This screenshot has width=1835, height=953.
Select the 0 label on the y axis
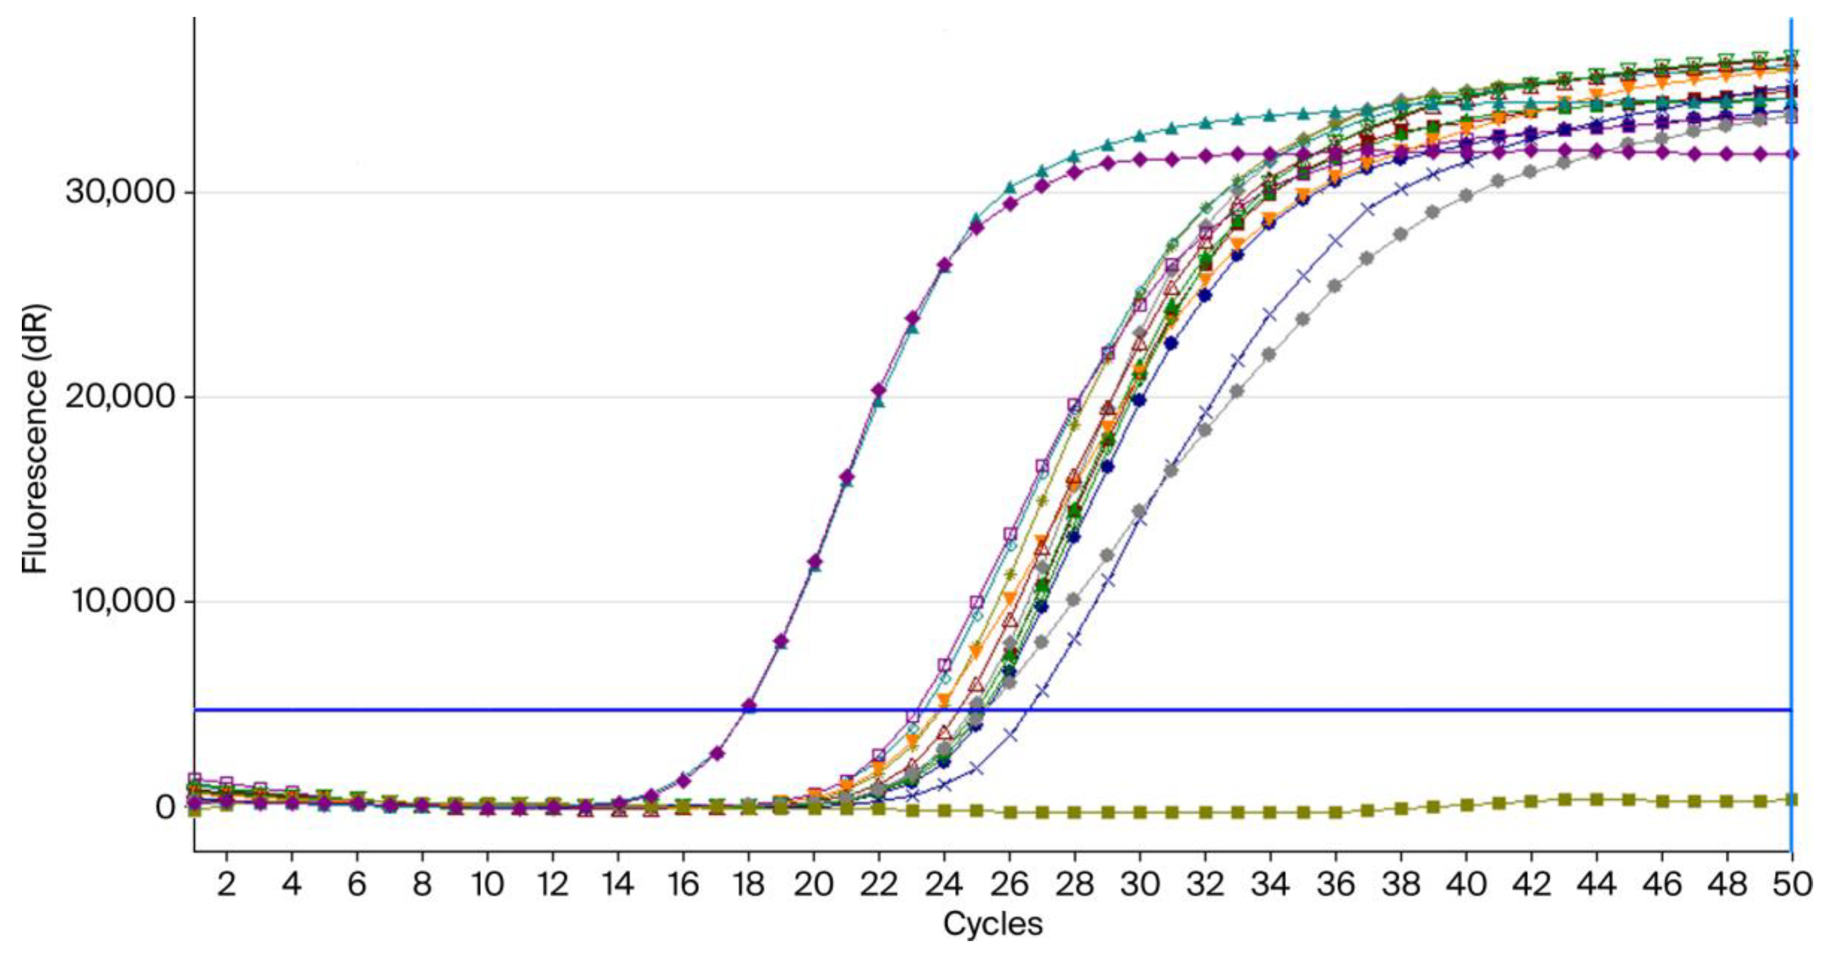[165, 808]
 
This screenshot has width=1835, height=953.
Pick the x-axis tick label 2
[226, 884]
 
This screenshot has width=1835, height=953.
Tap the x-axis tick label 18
[748, 884]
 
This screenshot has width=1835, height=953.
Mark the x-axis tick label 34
[1270, 884]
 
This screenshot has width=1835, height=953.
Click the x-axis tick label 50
[1792, 884]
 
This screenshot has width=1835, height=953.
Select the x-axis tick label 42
[1531, 884]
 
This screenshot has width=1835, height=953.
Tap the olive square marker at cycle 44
[1596, 800]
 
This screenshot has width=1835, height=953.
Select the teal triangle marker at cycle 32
[1205, 123]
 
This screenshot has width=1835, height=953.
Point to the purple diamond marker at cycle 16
[683, 781]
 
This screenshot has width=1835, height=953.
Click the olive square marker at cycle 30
[1140, 812]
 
